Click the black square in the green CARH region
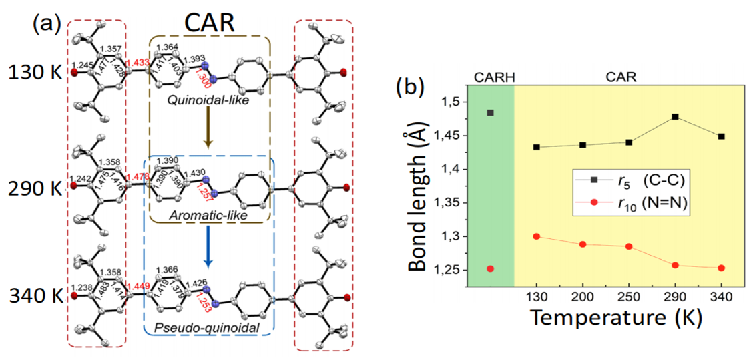coord(490,112)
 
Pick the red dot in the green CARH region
coord(490,268)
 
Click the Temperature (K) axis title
coord(611,319)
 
